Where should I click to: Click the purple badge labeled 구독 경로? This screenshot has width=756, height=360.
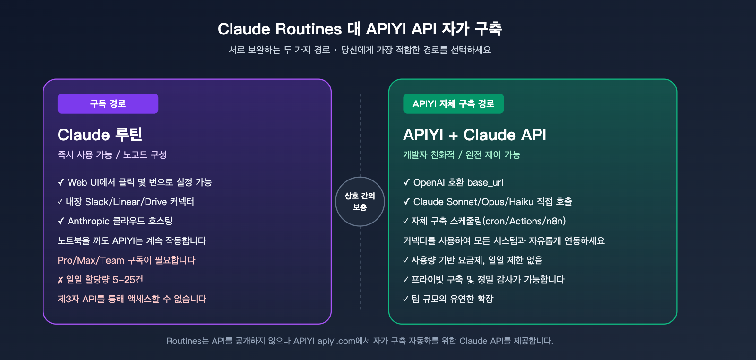point(108,104)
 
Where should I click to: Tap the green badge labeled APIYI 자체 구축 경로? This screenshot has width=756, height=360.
point(453,104)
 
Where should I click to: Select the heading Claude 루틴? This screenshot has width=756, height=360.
point(100,135)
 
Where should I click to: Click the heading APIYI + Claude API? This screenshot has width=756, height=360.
point(474,135)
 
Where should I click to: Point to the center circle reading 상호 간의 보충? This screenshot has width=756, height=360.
point(360,202)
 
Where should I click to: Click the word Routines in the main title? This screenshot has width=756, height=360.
point(309,29)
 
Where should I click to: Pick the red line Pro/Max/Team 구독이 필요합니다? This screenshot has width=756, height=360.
point(126,260)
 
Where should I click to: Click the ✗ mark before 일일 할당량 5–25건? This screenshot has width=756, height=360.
point(60,280)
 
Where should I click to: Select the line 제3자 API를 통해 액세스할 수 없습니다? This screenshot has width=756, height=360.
point(132,299)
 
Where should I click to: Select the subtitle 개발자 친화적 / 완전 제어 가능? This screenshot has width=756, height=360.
point(461,155)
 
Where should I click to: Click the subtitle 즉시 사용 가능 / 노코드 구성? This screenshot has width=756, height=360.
point(112,155)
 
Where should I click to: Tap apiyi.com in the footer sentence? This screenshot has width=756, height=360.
point(336,341)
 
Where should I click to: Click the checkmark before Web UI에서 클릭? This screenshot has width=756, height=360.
point(61,182)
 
